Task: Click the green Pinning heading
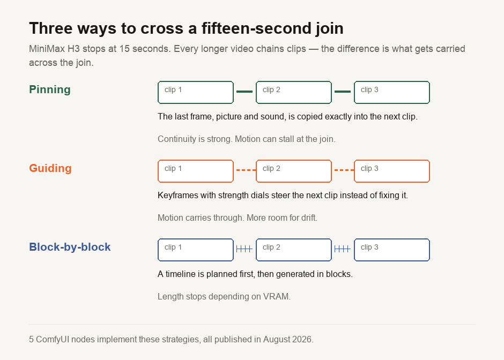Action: click(x=50, y=89)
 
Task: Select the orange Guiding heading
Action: click(x=50, y=168)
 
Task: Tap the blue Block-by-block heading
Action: click(x=70, y=247)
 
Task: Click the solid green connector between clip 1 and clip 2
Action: click(x=244, y=92)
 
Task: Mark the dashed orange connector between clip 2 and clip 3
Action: click(x=344, y=170)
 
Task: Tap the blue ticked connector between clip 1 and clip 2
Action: click(x=244, y=249)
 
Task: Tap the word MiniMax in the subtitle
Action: click(x=47, y=49)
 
